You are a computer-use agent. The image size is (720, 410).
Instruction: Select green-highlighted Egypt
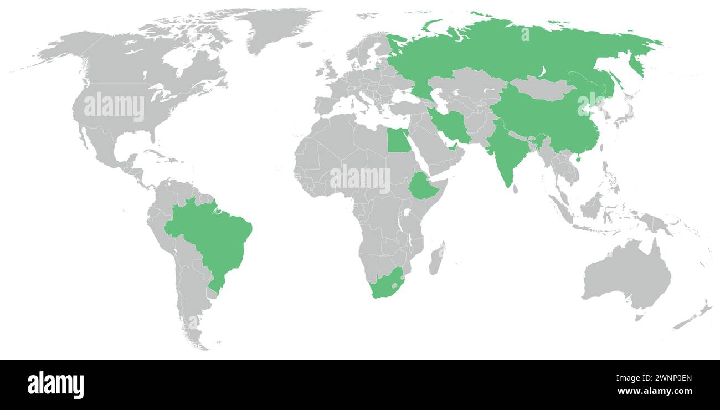(x=397, y=141)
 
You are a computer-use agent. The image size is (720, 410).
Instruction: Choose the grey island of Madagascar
(x=437, y=259)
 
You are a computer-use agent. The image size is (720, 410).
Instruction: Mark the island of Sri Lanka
(x=516, y=189)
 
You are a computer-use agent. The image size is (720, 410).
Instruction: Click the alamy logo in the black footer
(x=56, y=385)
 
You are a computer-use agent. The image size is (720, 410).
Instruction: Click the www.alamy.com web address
(x=654, y=392)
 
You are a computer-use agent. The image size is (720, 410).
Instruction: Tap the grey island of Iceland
(x=304, y=44)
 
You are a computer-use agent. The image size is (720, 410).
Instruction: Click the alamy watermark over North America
(x=114, y=107)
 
